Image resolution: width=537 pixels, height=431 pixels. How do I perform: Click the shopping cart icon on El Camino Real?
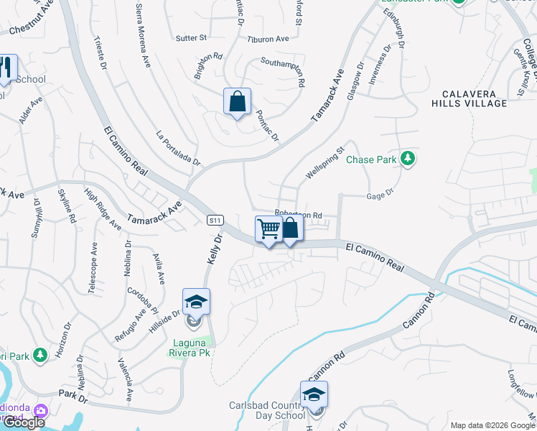(268, 229)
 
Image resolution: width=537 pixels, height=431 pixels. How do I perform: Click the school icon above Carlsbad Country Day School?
(314, 394)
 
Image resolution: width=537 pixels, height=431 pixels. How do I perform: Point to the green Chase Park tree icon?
(408, 158)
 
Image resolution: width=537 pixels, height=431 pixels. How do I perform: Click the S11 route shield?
(215, 220)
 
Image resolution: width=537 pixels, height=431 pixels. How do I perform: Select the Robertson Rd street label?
(297, 214)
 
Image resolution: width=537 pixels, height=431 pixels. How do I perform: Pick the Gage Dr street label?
(380, 193)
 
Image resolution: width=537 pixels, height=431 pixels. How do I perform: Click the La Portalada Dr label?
(178, 149)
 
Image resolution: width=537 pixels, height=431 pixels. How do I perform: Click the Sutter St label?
(191, 37)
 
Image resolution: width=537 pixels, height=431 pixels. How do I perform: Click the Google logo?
(23, 422)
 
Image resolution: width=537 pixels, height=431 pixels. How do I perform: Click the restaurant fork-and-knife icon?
(6, 68)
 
